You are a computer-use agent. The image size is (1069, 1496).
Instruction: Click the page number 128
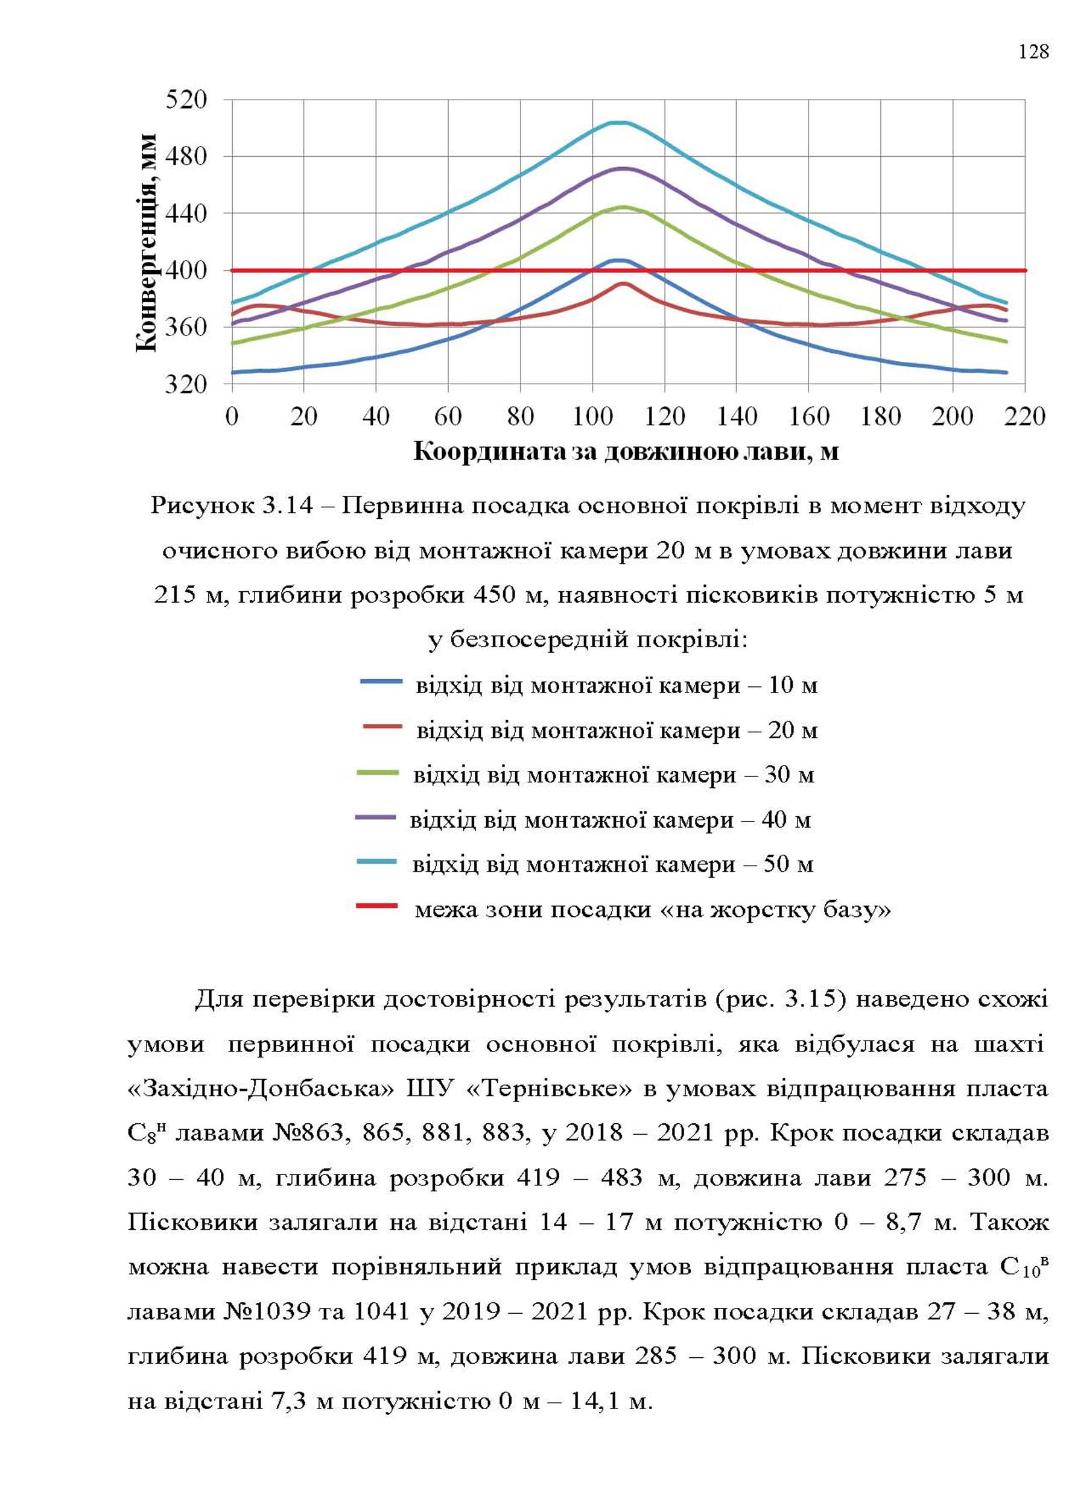[x=1033, y=51]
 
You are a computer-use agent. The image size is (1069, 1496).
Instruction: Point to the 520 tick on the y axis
[x=186, y=100]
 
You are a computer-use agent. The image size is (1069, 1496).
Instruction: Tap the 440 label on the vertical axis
[x=186, y=214]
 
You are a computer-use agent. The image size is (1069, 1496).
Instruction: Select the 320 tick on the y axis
[x=186, y=384]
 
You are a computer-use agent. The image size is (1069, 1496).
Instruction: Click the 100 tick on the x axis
[x=592, y=417]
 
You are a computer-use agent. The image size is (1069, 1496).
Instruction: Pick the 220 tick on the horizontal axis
[x=1025, y=417]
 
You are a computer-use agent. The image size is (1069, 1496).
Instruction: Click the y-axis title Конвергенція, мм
[x=147, y=242]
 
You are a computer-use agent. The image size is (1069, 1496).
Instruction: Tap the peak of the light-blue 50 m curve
[x=620, y=122]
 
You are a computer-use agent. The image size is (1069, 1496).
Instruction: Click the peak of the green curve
[x=623, y=208]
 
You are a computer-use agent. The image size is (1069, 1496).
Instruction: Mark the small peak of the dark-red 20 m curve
[x=623, y=284]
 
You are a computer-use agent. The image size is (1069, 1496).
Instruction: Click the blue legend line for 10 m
[x=381, y=682]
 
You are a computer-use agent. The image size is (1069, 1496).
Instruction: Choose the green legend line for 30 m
[x=378, y=773]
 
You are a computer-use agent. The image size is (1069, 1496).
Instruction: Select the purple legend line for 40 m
[x=376, y=817]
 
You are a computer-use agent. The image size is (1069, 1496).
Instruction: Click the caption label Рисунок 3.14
[x=232, y=506]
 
